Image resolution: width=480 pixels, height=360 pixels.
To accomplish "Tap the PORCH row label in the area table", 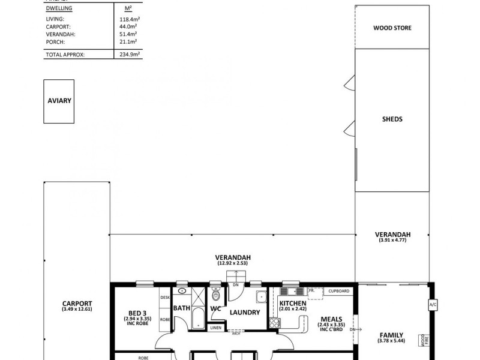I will tap(55, 41).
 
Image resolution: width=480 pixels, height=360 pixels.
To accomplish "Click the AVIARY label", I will tap(59, 101).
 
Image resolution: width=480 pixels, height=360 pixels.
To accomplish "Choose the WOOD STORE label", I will tap(392, 28).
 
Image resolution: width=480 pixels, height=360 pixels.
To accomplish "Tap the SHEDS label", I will tap(392, 119).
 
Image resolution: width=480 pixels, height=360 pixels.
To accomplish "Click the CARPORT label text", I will tap(77, 303).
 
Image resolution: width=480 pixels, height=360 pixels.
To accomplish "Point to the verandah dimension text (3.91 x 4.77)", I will tap(392, 240).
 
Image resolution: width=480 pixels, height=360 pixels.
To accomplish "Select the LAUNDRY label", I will tap(245, 313).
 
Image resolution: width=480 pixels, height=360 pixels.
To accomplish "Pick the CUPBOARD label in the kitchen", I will tap(339, 291).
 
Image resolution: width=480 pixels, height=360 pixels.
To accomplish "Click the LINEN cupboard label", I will tap(215, 328).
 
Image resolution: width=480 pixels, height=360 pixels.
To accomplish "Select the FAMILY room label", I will tap(390, 335).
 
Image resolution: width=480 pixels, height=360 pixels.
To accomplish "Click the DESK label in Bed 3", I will tap(165, 297).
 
